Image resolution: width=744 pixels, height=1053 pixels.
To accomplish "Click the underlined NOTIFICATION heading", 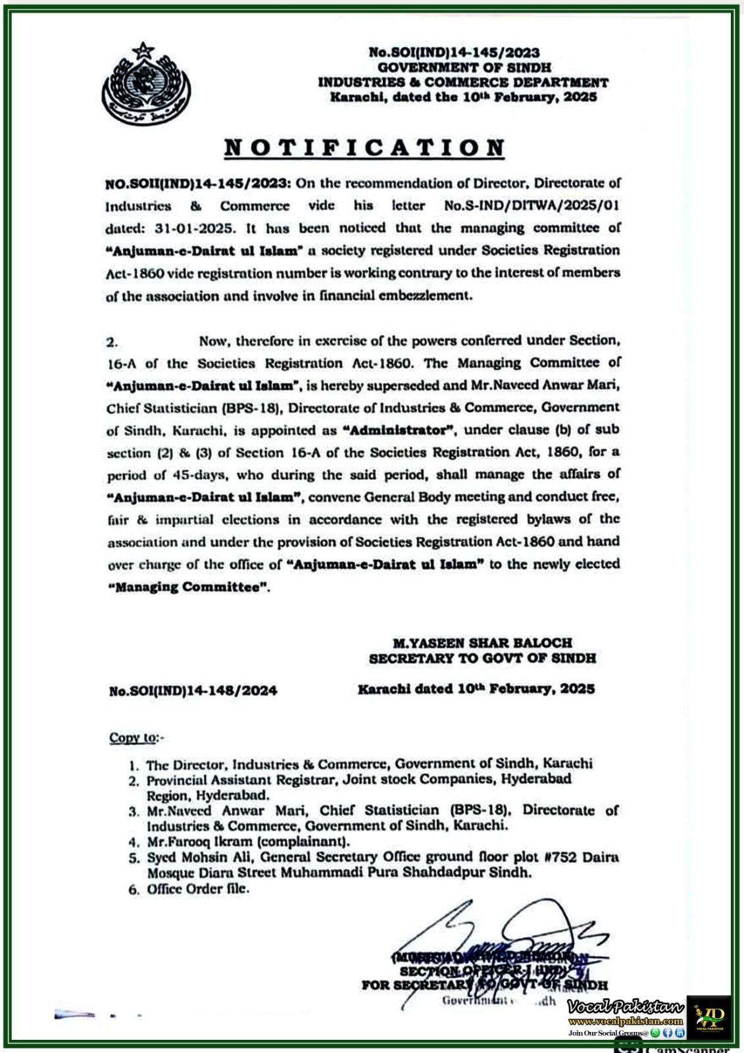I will [x=364, y=147].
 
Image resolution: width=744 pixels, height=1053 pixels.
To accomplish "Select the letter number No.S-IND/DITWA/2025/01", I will [x=532, y=205].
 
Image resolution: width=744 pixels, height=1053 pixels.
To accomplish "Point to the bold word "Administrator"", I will [x=400, y=430].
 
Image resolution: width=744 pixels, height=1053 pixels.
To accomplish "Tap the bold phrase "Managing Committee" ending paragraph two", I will [x=189, y=587].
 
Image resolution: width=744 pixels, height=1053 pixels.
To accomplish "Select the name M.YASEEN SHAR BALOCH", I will [x=482, y=642].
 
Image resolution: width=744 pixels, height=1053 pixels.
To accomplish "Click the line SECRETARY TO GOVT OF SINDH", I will [x=482, y=658].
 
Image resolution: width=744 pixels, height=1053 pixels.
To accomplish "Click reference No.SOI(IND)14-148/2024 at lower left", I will [x=193, y=690].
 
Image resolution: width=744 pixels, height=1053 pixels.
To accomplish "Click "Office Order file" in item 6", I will [x=197, y=888].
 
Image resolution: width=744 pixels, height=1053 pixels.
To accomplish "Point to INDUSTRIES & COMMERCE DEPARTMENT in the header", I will [x=463, y=82].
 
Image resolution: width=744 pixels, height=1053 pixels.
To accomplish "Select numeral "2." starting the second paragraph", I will [x=112, y=342].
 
